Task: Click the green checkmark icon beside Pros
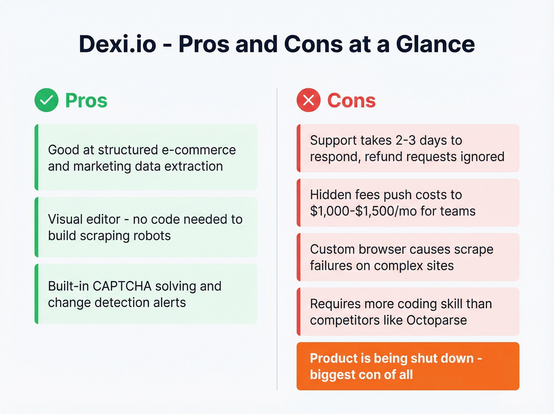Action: [46, 100]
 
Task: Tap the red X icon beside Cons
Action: [308, 100]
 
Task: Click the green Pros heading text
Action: [86, 100]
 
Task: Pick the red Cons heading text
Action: [351, 100]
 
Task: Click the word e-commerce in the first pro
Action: [199, 150]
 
